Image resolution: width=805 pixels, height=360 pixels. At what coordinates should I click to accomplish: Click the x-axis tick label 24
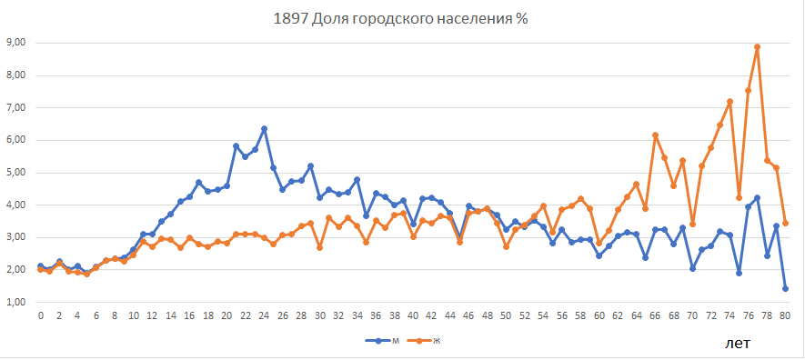click(x=264, y=315)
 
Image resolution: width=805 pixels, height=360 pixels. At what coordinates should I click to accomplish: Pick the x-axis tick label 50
click(x=506, y=315)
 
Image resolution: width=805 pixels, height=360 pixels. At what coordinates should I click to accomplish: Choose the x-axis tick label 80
click(x=785, y=315)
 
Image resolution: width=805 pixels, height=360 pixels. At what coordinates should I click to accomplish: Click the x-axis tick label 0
click(x=41, y=315)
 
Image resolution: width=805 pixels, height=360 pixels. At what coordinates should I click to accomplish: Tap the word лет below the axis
click(x=737, y=343)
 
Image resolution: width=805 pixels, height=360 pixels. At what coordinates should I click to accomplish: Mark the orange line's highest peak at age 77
click(x=757, y=46)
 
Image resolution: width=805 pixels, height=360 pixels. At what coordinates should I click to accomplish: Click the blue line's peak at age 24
click(x=264, y=129)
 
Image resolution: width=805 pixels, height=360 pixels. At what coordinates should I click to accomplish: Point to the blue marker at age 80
click(x=785, y=288)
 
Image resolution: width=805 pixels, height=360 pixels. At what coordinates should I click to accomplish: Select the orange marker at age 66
click(x=655, y=135)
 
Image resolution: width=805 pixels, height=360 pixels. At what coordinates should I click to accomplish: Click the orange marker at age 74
click(x=729, y=102)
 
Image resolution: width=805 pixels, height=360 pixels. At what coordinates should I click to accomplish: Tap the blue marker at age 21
click(x=236, y=146)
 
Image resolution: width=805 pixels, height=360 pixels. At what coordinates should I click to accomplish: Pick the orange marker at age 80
click(x=785, y=223)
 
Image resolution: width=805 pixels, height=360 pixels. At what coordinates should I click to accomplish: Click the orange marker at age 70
click(x=692, y=224)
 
